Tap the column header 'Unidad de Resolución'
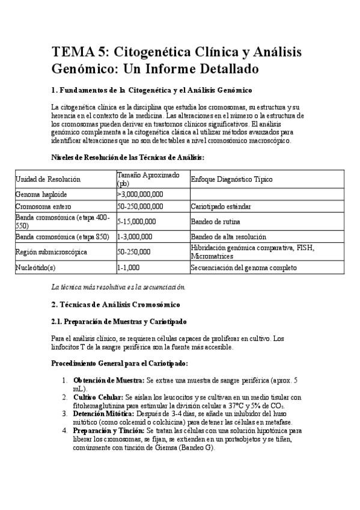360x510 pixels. tap(48, 179)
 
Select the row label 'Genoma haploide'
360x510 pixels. tap(41, 195)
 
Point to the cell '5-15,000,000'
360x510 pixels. tap(137, 221)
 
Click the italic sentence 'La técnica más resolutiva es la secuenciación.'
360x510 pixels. tap(118, 286)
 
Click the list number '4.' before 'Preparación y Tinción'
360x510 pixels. tap(64, 431)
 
